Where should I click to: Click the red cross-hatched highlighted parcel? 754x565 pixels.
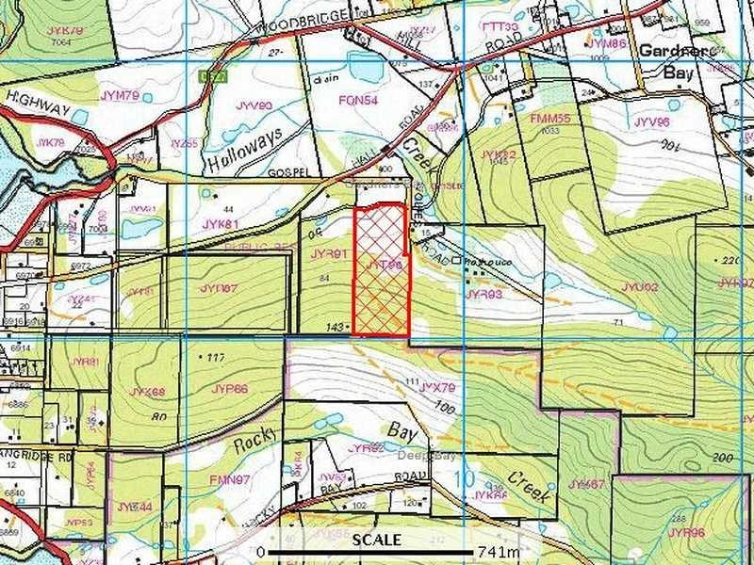click(381, 273)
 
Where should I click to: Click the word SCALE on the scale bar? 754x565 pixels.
click(376, 540)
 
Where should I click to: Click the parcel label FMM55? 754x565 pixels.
click(550, 120)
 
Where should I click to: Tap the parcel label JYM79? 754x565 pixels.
click(120, 95)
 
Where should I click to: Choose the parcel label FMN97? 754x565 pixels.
click(228, 479)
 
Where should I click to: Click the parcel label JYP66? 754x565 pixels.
click(229, 388)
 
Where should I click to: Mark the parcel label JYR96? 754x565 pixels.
click(686, 532)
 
